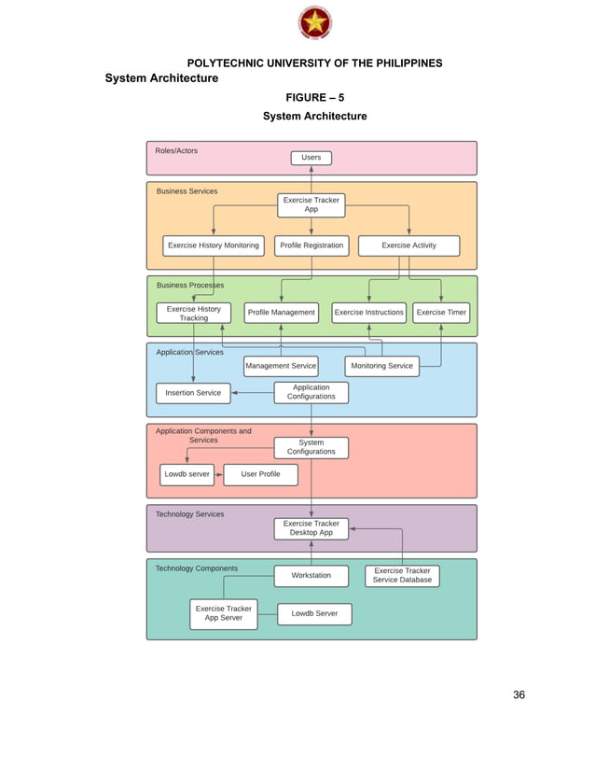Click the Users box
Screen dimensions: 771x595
point(311,158)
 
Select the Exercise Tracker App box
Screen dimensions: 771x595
point(311,205)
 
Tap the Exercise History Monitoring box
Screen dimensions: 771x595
point(214,245)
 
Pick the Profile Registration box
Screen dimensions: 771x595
point(311,245)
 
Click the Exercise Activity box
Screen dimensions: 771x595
point(408,245)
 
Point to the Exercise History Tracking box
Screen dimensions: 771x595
point(193,313)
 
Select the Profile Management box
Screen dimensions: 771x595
point(281,313)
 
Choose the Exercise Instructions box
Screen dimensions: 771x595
point(369,313)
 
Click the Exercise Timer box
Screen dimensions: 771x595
point(441,313)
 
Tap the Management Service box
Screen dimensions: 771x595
point(281,366)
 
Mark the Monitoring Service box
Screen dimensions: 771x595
point(381,366)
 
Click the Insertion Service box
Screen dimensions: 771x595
point(193,393)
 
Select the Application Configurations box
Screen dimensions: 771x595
point(311,392)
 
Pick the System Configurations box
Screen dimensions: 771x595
point(311,447)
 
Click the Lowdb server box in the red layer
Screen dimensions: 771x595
point(187,474)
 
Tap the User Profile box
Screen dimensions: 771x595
point(260,474)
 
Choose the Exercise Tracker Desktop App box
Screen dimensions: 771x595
point(311,528)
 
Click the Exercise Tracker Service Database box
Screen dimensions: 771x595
point(402,576)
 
